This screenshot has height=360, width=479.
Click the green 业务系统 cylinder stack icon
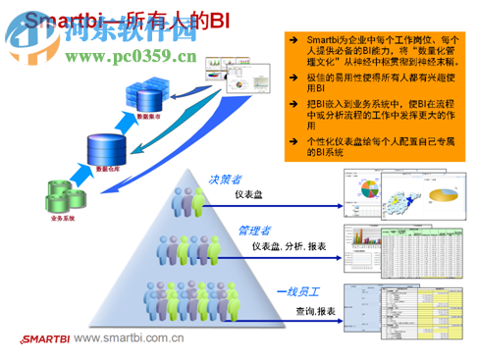pos(59,192)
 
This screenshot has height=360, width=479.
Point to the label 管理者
pos(253,231)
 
